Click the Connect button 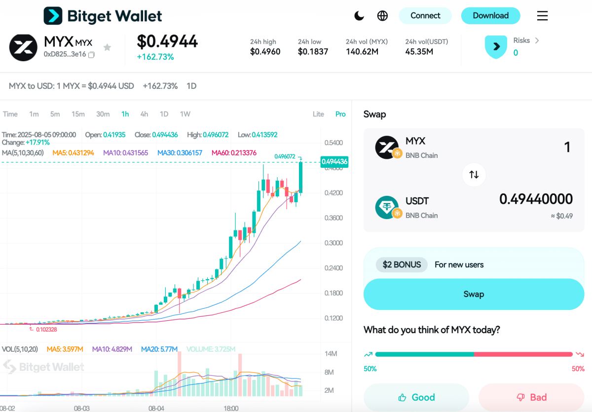point(425,16)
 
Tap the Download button point(490,16)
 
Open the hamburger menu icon point(542,16)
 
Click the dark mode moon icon point(359,16)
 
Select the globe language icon point(382,16)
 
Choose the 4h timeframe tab point(144,114)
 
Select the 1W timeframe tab point(185,114)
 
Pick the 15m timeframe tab point(78,114)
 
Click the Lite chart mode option point(318,114)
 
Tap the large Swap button point(474,294)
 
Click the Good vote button point(416,397)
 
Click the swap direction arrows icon point(474,175)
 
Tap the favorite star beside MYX point(107,47)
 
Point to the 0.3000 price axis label point(333,243)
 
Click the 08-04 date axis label point(156,409)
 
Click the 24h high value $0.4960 point(265,51)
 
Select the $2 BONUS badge point(402,264)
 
